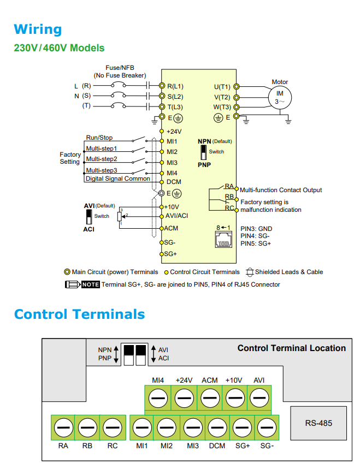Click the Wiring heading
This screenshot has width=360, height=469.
coord(38,29)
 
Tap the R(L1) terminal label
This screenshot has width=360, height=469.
coord(175,86)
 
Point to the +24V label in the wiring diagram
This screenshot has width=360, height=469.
coord(174,132)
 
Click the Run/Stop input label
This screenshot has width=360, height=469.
coord(99,138)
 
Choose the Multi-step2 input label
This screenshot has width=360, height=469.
coord(102,159)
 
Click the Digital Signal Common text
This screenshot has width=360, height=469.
coord(117,179)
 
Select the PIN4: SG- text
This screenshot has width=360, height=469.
coord(256,236)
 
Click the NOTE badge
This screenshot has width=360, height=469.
coord(90,284)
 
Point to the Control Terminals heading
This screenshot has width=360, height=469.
coord(79,314)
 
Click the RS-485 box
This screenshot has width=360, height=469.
coord(318,423)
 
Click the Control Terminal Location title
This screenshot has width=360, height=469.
coord(291,348)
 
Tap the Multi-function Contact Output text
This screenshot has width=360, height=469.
coord(281,190)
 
